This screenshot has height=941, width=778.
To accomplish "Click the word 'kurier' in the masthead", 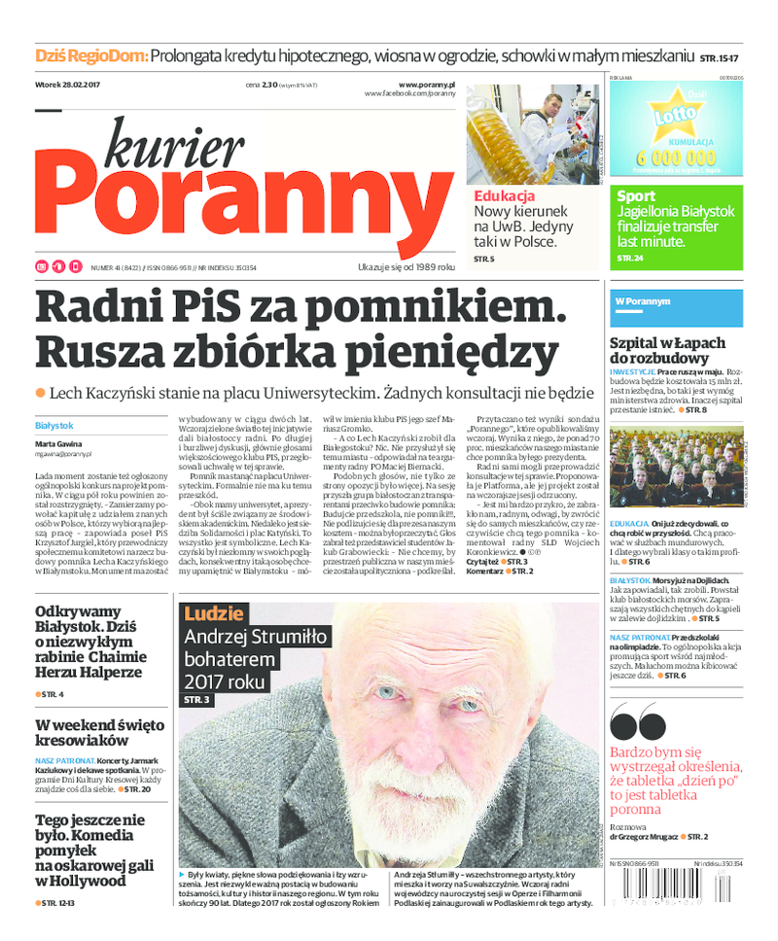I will [174, 145].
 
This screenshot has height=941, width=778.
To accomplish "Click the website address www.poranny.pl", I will [427, 85].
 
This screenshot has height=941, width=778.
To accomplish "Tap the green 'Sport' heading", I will [636, 196].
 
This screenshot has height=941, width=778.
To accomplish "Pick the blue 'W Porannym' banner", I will [643, 301].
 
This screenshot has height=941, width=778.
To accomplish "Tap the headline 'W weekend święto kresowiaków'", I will [99, 734].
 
